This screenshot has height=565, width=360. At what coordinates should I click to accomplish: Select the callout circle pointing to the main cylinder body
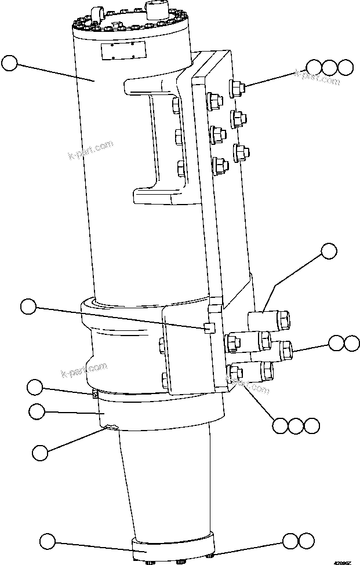click(x=10, y=63)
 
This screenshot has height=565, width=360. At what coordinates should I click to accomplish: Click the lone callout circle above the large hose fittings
click(x=329, y=251)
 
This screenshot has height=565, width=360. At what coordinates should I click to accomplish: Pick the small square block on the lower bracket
click(x=209, y=329)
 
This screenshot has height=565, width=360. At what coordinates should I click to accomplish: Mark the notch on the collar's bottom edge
click(x=110, y=428)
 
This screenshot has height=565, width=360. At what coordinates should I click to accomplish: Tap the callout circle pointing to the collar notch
click(x=39, y=451)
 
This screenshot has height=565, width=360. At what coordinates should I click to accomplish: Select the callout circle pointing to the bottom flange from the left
click(x=47, y=542)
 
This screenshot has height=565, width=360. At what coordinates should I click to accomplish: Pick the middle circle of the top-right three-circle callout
click(x=330, y=67)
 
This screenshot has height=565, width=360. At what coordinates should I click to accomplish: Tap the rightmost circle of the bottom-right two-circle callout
click(x=307, y=541)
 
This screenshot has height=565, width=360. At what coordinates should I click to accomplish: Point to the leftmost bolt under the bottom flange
click(x=150, y=561)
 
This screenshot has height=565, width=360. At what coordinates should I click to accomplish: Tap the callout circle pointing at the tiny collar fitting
click(x=36, y=387)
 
